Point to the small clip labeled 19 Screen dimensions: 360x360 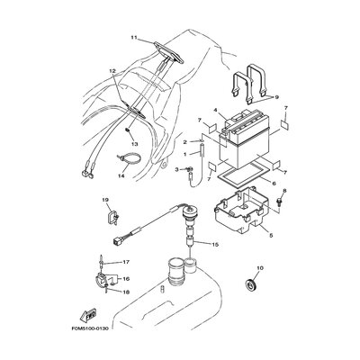point(112,215)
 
